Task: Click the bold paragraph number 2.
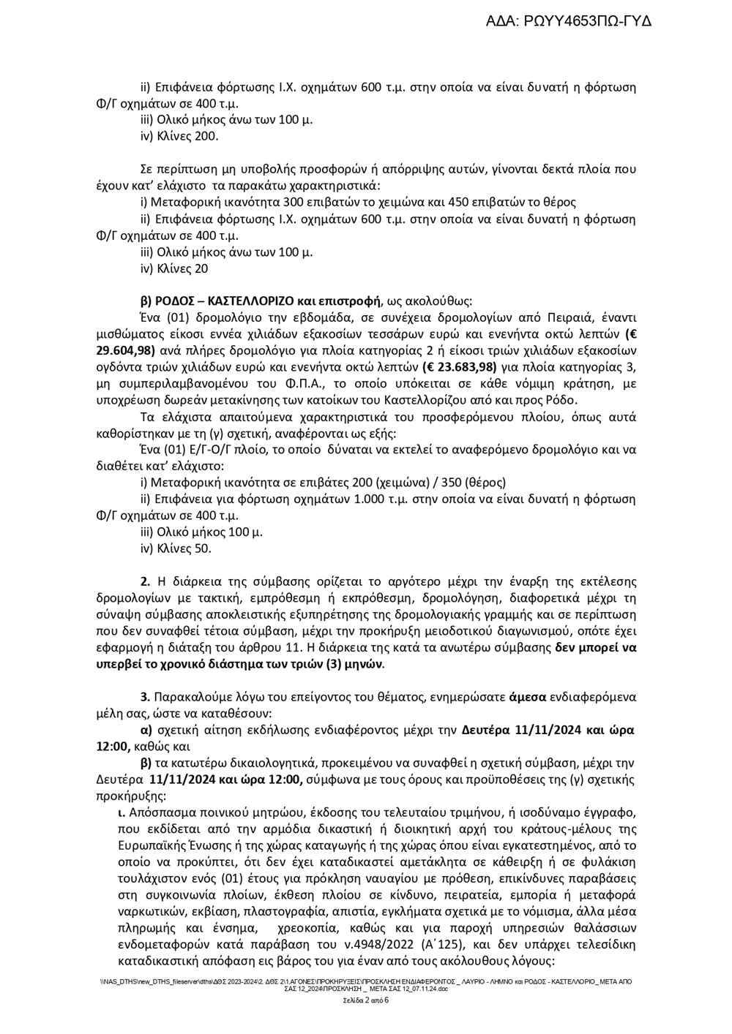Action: (145, 581)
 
